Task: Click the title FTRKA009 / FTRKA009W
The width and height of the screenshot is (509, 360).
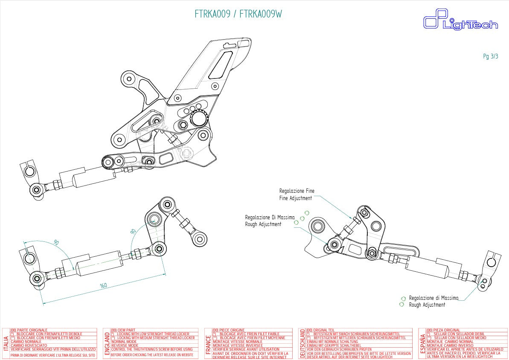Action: click(238, 14)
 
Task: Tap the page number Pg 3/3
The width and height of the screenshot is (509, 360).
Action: click(490, 56)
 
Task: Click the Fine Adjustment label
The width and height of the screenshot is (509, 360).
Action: click(295, 198)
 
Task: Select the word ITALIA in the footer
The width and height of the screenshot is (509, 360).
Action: click(6, 343)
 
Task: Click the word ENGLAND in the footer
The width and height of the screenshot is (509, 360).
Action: click(107, 343)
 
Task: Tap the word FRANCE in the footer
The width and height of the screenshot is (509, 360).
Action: click(208, 343)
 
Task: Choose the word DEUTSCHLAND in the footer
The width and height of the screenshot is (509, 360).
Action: click(302, 343)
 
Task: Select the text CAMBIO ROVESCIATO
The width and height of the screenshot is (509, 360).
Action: click(29, 345)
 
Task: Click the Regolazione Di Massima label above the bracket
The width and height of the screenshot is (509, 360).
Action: click(270, 218)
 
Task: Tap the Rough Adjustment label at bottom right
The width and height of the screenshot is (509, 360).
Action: click(427, 305)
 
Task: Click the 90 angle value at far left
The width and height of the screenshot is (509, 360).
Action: click(56, 242)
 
